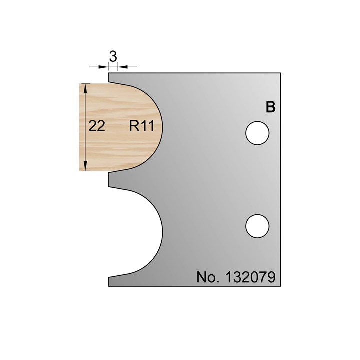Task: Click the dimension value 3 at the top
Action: click(x=113, y=57)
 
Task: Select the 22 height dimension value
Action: click(x=97, y=127)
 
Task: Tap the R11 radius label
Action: click(x=141, y=127)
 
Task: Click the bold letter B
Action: click(x=270, y=107)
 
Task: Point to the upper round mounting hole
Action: click(x=258, y=133)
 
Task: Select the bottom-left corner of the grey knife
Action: click(x=109, y=286)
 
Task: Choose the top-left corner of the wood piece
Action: click(x=81, y=84)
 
